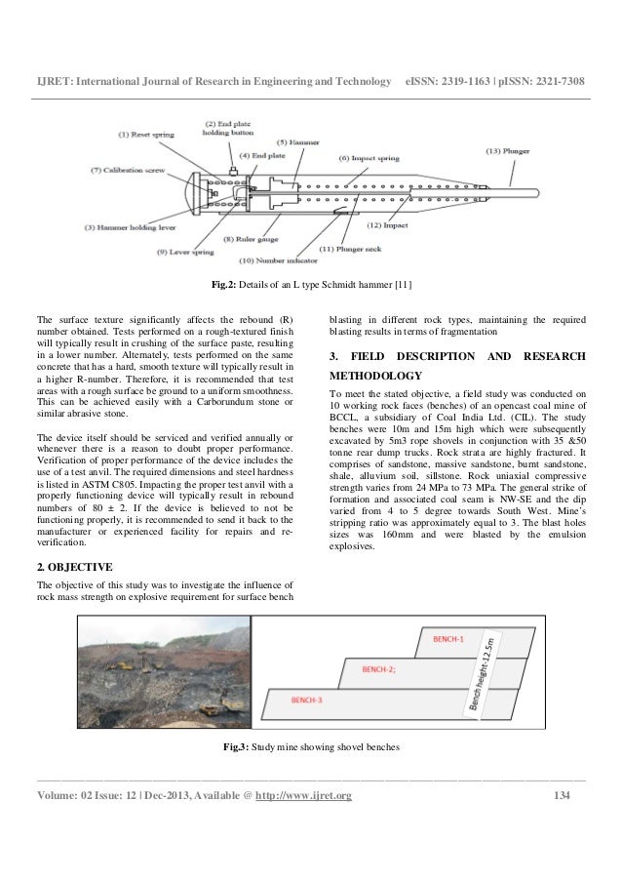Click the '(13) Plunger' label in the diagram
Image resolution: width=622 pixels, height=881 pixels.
[x=510, y=151]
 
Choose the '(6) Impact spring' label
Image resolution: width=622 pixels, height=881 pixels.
[x=370, y=157]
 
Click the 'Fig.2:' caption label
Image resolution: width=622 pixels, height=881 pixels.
[x=227, y=285]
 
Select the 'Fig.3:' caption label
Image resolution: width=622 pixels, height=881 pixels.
[x=236, y=747]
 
